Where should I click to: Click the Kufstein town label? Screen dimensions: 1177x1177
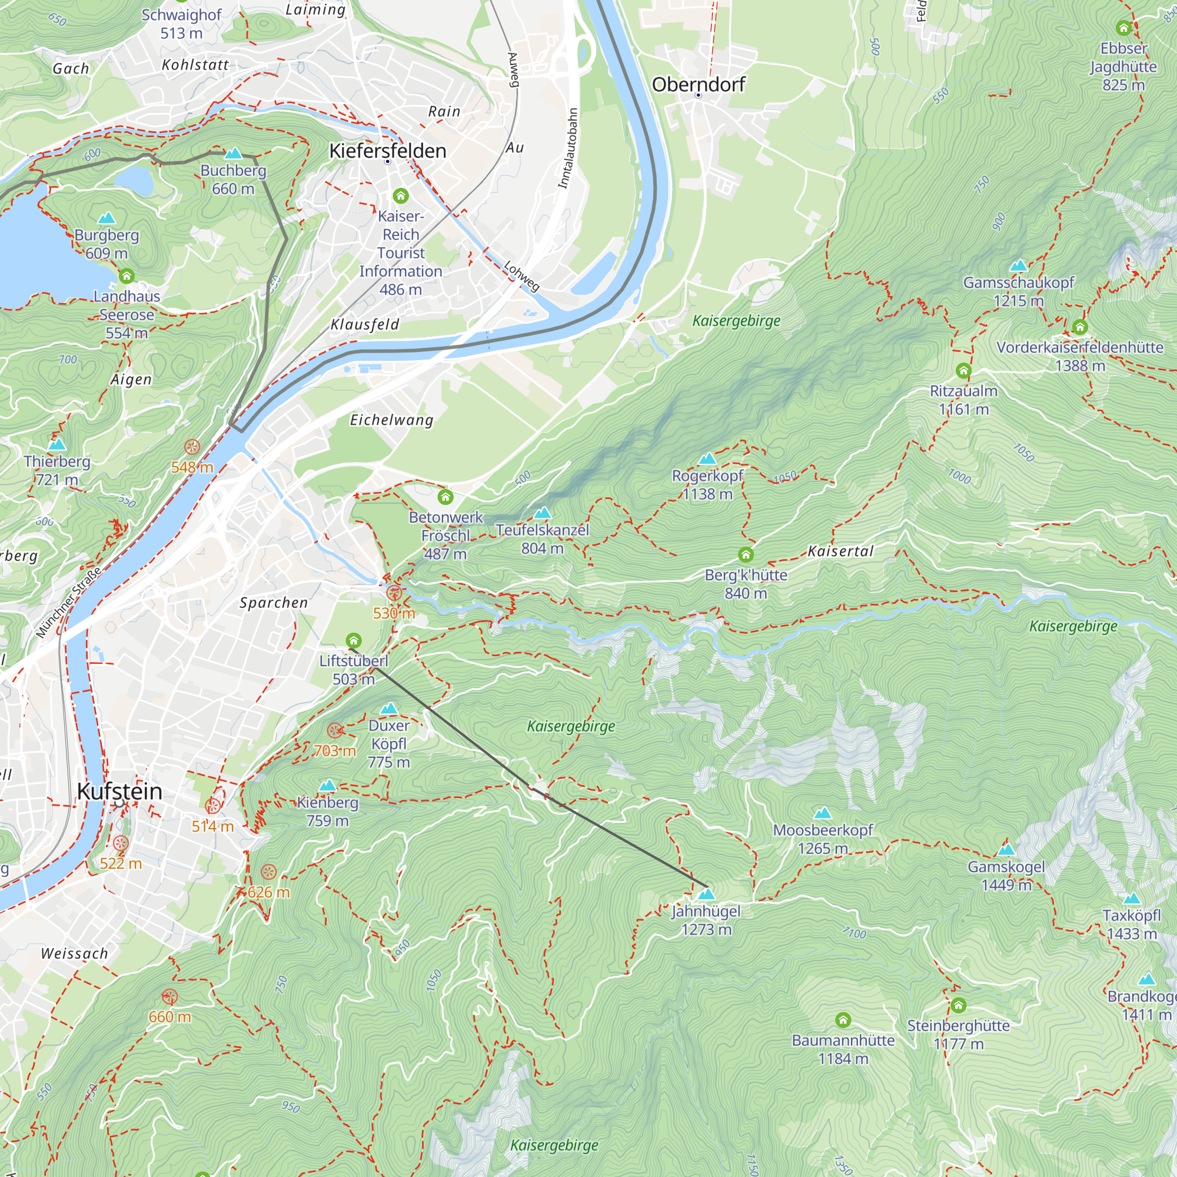pyautogui.click(x=119, y=792)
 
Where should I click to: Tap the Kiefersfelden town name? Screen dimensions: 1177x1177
pyautogui.click(x=387, y=151)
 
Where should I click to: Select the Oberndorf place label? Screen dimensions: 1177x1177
pyautogui.click(x=698, y=84)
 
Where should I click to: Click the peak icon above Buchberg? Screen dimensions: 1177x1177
pyautogui.click(x=232, y=153)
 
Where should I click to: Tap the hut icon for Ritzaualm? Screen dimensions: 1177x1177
pyautogui.click(x=963, y=370)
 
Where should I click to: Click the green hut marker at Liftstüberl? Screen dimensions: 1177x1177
pyautogui.click(x=353, y=640)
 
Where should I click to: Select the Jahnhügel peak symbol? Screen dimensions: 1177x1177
pyautogui.click(x=706, y=894)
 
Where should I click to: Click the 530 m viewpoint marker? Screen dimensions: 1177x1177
pyautogui.click(x=394, y=592)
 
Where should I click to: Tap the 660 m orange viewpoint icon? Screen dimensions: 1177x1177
pyautogui.click(x=169, y=998)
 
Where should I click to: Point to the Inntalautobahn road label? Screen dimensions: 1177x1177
pyautogui.click(x=568, y=149)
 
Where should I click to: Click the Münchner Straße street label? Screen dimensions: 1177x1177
pyautogui.click(x=68, y=603)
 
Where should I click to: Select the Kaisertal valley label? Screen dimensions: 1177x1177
pyautogui.click(x=840, y=551)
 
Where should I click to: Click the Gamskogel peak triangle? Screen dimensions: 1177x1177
pyautogui.click(x=1006, y=849)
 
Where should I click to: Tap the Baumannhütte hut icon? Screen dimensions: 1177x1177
pyautogui.click(x=843, y=1020)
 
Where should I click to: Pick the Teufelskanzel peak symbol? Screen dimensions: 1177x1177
pyautogui.click(x=542, y=513)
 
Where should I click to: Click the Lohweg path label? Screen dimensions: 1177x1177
pyautogui.click(x=521, y=276)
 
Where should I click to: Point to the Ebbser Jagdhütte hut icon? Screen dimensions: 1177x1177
pyautogui.click(x=1123, y=28)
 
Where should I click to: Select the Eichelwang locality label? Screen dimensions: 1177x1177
pyautogui.click(x=391, y=420)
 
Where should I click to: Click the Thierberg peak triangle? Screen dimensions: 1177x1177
pyautogui.click(x=56, y=444)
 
